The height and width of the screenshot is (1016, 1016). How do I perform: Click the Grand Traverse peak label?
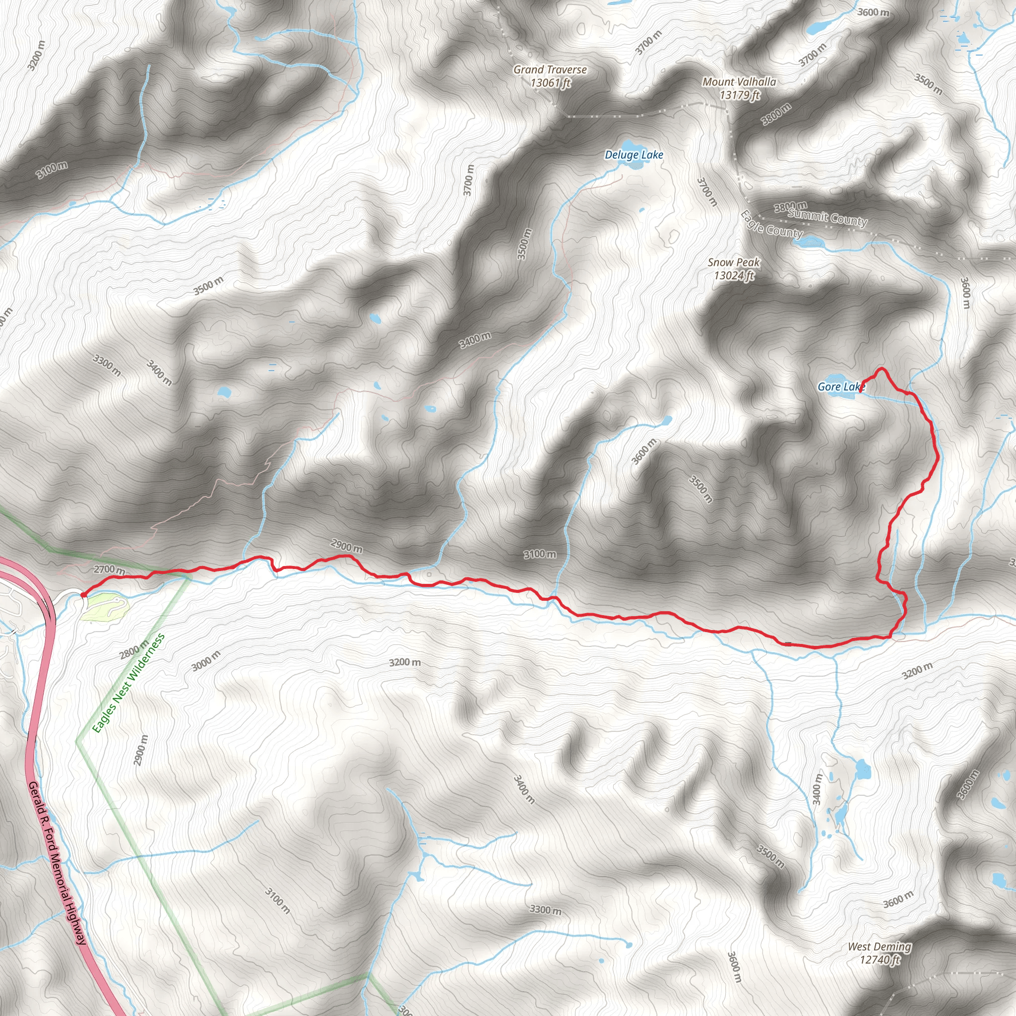pyautogui.click(x=550, y=76)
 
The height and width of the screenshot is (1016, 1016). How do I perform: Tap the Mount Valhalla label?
pyautogui.click(x=739, y=88)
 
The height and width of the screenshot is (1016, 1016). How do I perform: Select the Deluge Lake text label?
pyautogui.click(x=634, y=155)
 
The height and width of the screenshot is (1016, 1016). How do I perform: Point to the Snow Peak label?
pyautogui.click(x=734, y=268)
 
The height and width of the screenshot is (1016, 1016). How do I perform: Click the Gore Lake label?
pyautogui.click(x=840, y=387)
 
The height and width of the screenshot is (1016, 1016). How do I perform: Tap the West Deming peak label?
pyautogui.click(x=879, y=953)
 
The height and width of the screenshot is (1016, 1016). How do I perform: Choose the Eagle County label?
pyautogui.click(x=771, y=225)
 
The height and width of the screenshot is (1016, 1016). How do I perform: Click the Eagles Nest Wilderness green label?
pyautogui.click(x=128, y=683)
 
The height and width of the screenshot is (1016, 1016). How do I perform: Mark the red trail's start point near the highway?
pyautogui.click(x=83, y=595)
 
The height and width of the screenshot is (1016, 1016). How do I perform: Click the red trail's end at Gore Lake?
pyautogui.click(x=859, y=391)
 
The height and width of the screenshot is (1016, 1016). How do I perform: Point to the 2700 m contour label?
pyautogui.click(x=109, y=569)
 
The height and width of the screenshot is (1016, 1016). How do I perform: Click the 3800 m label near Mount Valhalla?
pyautogui.click(x=776, y=114)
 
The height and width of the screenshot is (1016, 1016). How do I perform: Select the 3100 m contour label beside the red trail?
pyautogui.click(x=540, y=554)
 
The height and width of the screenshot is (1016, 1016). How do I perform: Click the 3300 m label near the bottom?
pyautogui.click(x=545, y=909)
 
